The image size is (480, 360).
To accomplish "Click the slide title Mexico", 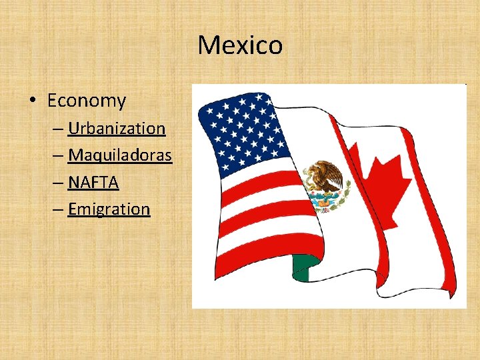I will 240,45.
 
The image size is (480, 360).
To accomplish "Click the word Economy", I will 87,101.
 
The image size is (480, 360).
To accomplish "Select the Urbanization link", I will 117,128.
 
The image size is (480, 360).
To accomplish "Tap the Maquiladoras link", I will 120,155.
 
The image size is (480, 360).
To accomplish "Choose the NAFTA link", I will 93,182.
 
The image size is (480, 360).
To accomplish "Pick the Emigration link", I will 109,209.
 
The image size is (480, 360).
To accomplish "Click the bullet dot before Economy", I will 33,101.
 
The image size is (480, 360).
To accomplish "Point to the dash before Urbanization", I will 58,128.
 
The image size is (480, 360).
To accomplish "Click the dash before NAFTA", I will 58,182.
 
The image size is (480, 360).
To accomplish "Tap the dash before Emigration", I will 58,209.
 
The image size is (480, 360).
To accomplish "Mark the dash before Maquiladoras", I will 58,155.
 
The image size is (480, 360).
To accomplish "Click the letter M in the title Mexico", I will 207,45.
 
